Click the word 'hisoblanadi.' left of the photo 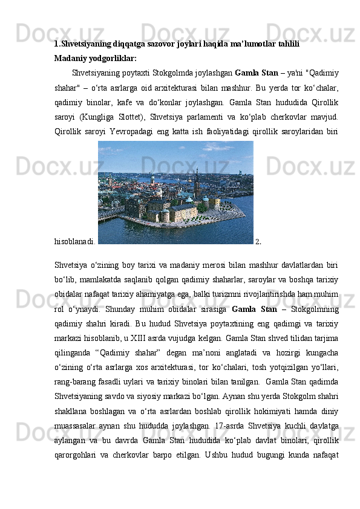point(74,241)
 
